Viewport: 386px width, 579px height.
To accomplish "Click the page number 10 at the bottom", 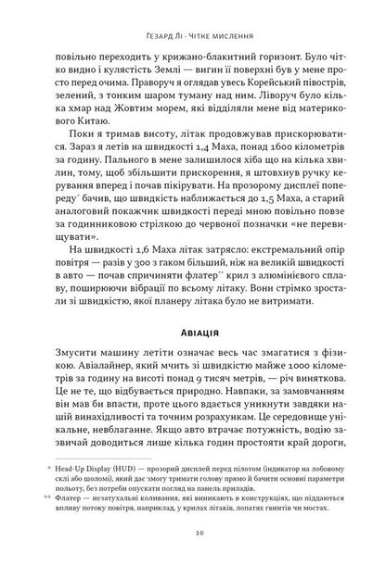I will (x=192, y=558).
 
